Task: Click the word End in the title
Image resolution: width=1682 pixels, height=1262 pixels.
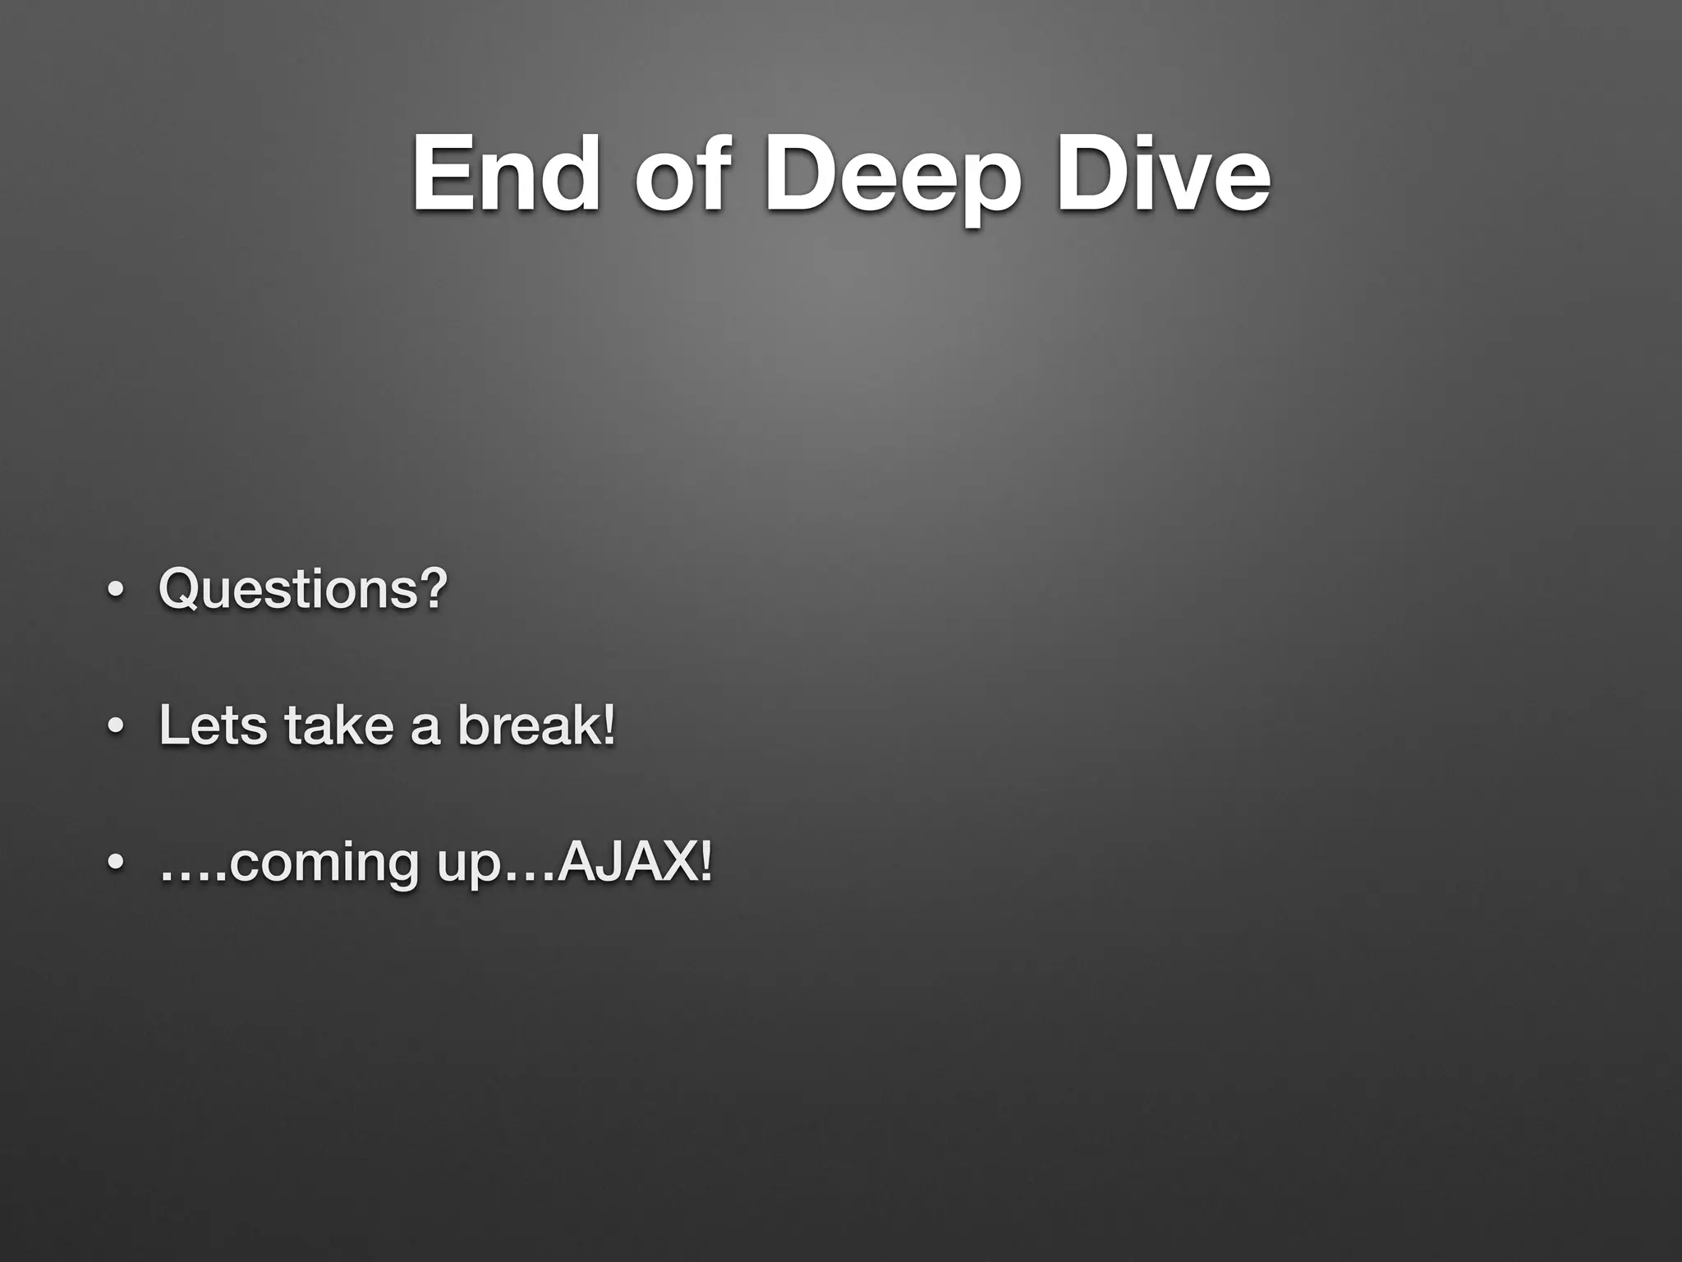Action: (x=506, y=174)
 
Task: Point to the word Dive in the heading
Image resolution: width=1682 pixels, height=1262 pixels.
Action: (x=1163, y=174)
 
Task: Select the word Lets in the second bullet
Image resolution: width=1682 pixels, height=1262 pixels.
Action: (x=213, y=726)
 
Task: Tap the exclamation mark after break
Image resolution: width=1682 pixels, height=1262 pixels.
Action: (x=609, y=726)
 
